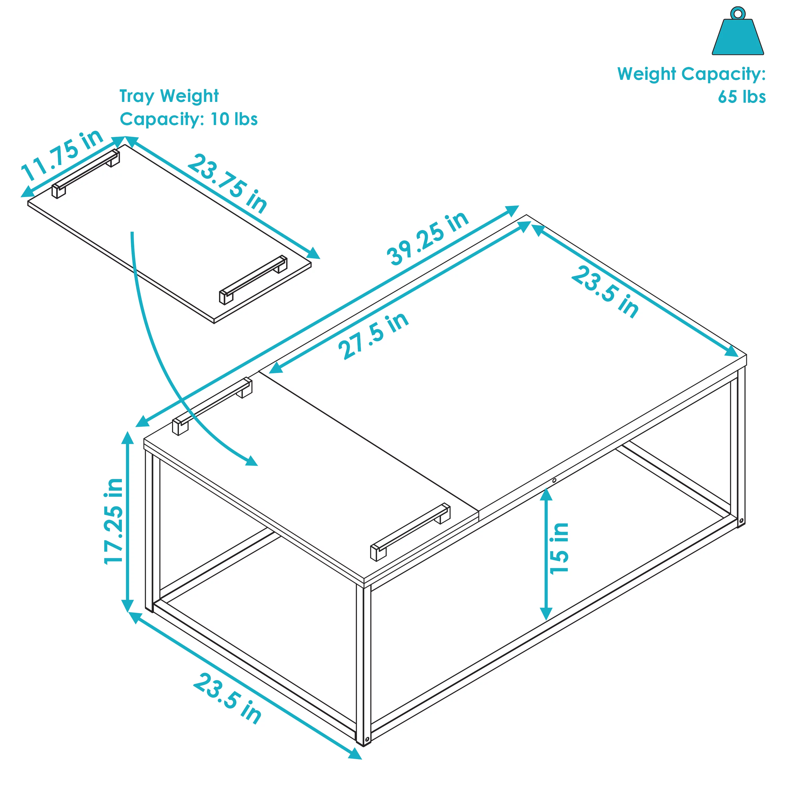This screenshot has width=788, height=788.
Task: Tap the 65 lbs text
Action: (742, 97)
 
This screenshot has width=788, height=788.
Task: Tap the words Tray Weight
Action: (169, 96)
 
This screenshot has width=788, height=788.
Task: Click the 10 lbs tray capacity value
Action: (234, 120)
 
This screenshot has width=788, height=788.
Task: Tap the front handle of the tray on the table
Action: (410, 532)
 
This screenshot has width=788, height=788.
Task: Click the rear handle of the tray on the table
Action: (212, 406)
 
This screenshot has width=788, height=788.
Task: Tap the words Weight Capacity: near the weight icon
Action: (691, 74)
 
